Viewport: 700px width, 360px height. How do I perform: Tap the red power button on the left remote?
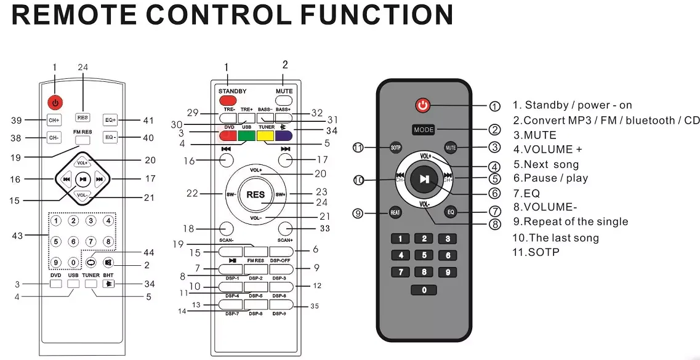[55, 103]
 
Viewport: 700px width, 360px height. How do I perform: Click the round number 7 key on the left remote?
[91, 242]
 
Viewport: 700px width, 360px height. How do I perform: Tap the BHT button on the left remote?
[108, 284]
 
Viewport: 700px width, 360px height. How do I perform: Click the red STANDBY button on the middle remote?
[227, 100]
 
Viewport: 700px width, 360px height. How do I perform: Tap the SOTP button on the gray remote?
[396, 148]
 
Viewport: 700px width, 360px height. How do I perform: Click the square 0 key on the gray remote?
[424, 290]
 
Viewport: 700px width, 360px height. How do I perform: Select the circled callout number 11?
[360, 148]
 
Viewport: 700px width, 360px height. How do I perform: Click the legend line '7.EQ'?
[526, 193]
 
